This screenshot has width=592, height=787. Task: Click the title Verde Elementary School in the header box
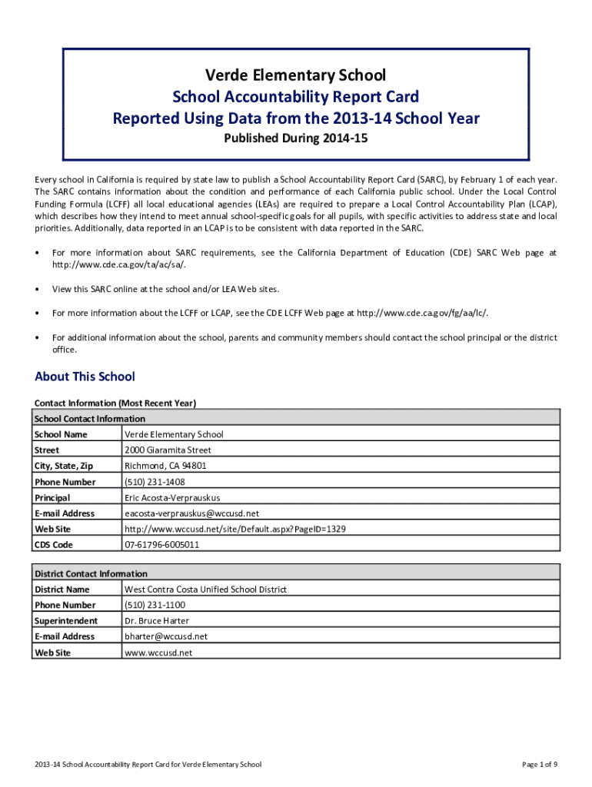(x=295, y=75)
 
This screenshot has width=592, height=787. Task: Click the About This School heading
(x=85, y=377)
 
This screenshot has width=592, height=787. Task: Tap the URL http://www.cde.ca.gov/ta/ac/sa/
(x=118, y=264)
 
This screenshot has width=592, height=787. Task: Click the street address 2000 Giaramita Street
(x=168, y=450)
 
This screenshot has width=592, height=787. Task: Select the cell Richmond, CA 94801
(x=165, y=466)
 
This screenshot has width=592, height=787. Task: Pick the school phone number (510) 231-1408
(x=155, y=482)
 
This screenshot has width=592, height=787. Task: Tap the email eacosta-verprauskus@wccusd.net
(x=191, y=513)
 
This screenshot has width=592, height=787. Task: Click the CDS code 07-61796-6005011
(x=161, y=545)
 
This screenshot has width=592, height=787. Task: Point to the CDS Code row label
(x=53, y=545)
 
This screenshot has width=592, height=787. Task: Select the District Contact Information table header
(x=91, y=574)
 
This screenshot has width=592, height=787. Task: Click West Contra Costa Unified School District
(x=205, y=589)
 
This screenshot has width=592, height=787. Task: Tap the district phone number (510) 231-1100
(x=155, y=605)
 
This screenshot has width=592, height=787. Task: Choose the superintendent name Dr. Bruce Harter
(x=157, y=621)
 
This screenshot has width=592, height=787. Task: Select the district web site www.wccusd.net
(x=158, y=653)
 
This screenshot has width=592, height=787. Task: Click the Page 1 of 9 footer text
(x=539, y=765)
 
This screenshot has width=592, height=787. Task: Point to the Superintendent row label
(x=65, y=621)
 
